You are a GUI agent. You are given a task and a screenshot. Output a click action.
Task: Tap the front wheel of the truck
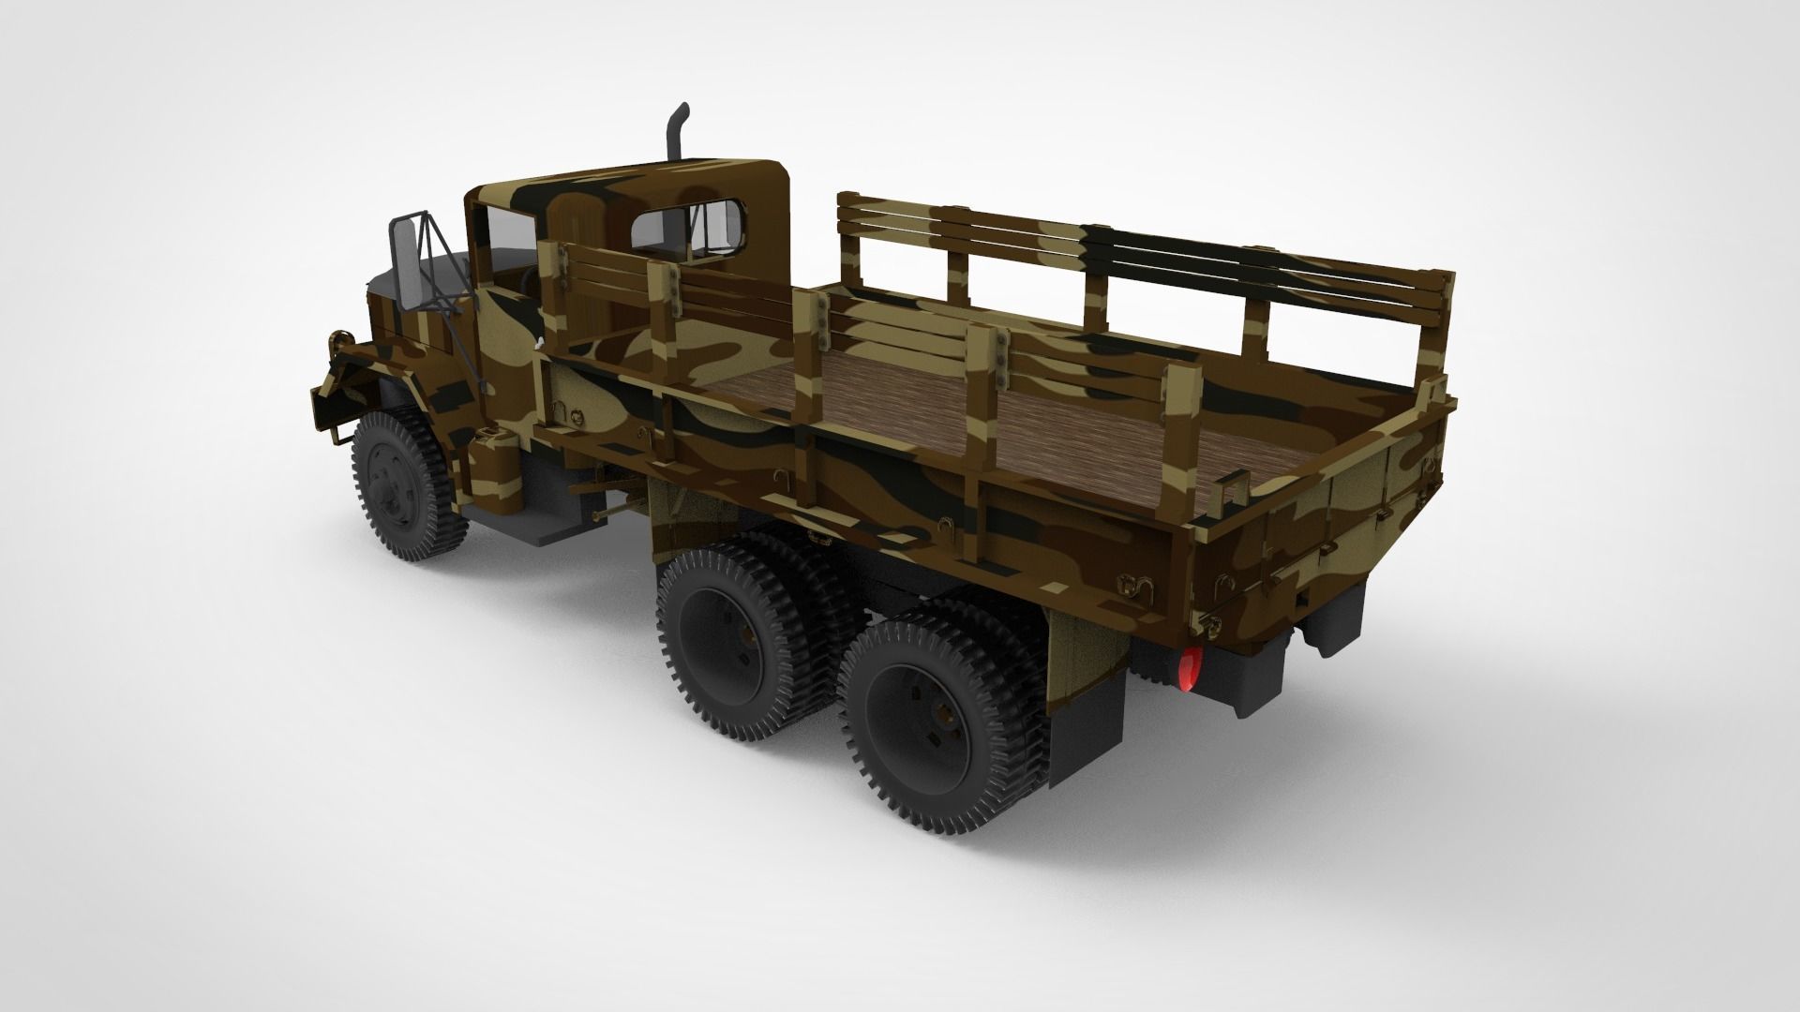[x=403, y=487]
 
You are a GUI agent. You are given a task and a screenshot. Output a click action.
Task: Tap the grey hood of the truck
[x=384, y=281]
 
